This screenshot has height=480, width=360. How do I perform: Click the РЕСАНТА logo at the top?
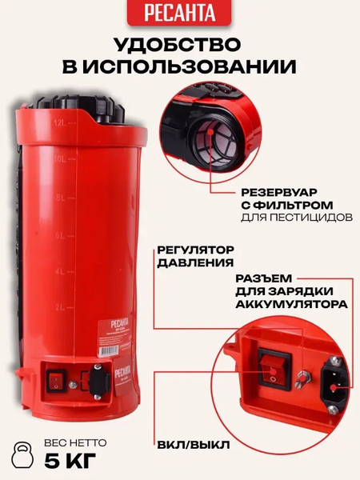tap(179, 11)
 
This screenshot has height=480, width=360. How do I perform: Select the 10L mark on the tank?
tap(59, 158)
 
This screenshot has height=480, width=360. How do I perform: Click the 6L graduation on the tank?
tap(59, 236)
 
